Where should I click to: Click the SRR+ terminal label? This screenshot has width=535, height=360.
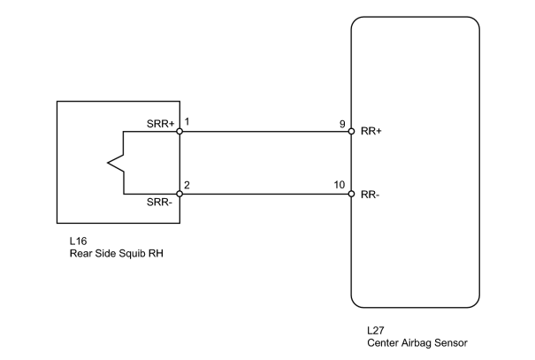pyautogui.click(x=160, y=124)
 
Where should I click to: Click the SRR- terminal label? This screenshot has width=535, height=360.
pyautogui.click(x=159, y=202)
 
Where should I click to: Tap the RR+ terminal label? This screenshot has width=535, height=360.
pyautogui.click(x=371, y=131)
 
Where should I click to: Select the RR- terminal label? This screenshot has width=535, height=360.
pyautogui.click(x=371, y=195)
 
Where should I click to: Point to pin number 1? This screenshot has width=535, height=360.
pyautogui.click(x=187, y=121)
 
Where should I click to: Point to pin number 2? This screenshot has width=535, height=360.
pyautogui.click(x=187, y=185)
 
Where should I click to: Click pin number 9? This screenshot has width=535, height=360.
pyautogui.click(x=342, y=124)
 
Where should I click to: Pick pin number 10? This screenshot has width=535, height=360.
pyautogui.click(x=340, y=185)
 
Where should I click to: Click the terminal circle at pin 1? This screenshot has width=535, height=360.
pyautogui.click(x=180, y=132)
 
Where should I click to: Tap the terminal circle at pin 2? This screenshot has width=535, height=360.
pyautogui.click(x=180, y=195)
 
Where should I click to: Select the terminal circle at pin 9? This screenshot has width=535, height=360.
pyautogui.click(x=351, y=132)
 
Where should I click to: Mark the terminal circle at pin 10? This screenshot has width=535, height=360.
pyautogui.click(x=351, y=195)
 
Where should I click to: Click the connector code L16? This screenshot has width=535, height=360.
pyautogui.click(x=78, y=241)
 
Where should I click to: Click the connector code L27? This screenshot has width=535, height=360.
pyautogui.click(x=376, y=330)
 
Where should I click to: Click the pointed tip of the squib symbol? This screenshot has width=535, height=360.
pyautogui.click(x=108, y=163)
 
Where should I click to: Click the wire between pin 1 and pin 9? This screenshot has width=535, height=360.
pyautogui.click(x=265, y=132)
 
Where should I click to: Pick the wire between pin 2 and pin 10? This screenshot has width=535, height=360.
pyautogui.click(x=265, y=195)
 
